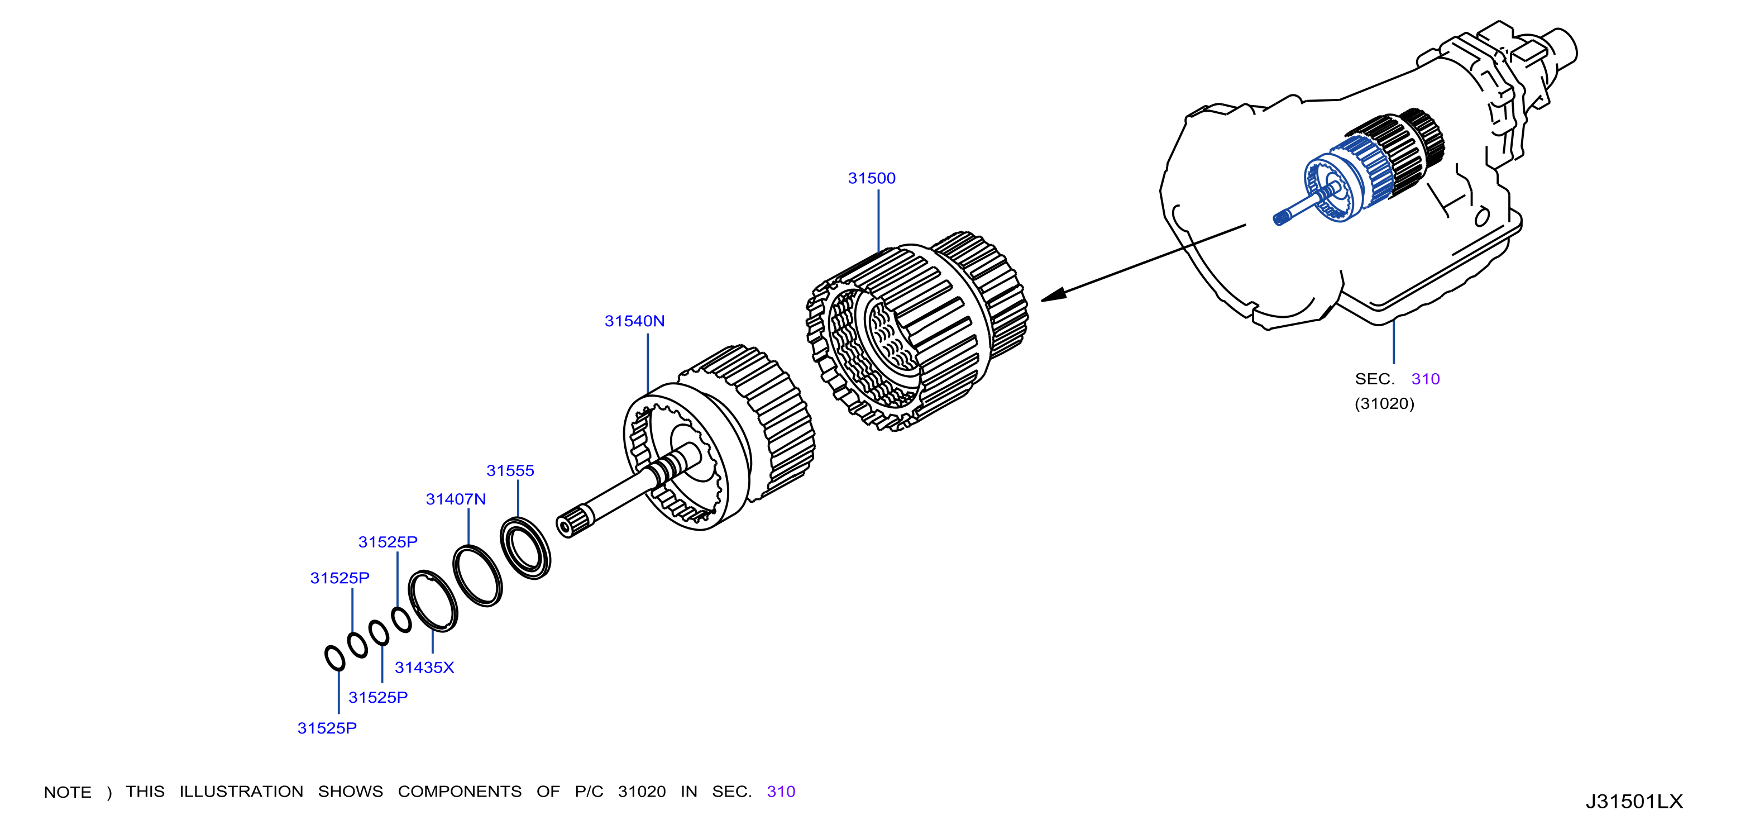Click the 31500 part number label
point(872,178)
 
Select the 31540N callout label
point(634,321)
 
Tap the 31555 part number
point(510,470)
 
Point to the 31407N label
point(456,499)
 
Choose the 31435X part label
point(424,667)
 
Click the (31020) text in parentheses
point(1384,404)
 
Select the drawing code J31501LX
point(1634,802)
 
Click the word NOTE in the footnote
point(67,792)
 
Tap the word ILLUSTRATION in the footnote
point(241,792)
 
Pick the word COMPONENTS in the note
point(460,792)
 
